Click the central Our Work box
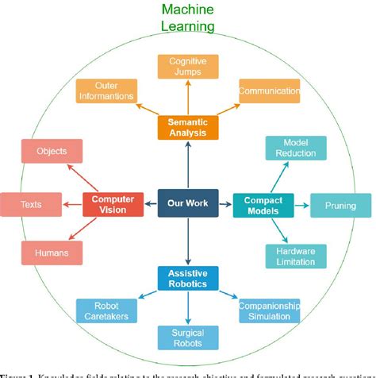[x=187, y=202]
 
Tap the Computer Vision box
[x=111, y=204]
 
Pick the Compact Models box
[x=263, y=204]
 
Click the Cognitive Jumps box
[x=187, y=66]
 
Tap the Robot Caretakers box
[x=106, y=310]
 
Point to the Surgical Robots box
[x=187, y=338]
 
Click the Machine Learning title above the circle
[x=187, y=17]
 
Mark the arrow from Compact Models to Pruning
[x=301, y=205]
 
